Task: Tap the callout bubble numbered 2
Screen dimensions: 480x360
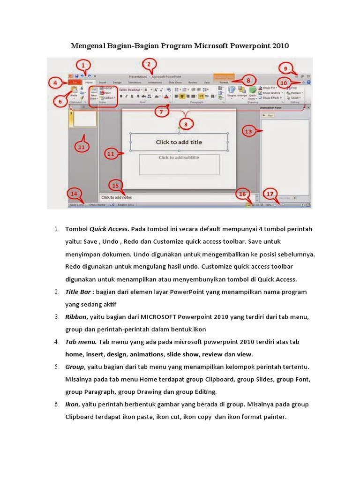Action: click(x=149, y=65)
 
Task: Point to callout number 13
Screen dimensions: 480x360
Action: click(x=248, y=132)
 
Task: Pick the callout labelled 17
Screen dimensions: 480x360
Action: click(x=270, y=193)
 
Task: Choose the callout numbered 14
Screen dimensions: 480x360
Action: click(x=74, y=193)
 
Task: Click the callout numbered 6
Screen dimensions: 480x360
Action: click(x=60, y=102)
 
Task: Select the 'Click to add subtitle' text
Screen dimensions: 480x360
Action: click(x=179, y=157)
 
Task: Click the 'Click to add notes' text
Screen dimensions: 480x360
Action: click(x=117, y=198)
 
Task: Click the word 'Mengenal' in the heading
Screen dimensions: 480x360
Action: click(x=87, y=46)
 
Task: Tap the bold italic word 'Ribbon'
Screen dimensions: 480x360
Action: click(x=76, y=317)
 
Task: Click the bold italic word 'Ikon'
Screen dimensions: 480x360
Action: click(x=72, y=404)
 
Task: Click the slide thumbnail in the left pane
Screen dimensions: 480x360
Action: click(x=83, y=120)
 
